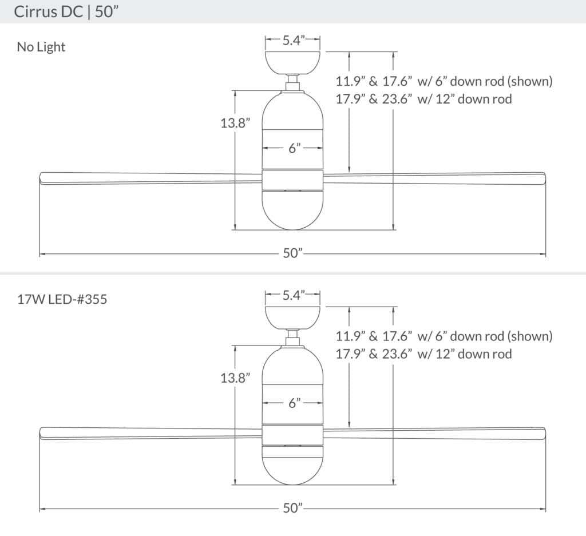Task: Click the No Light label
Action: [x=41, y=47]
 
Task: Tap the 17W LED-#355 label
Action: [x=62, y=299]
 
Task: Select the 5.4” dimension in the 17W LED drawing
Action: [x=292, y=295]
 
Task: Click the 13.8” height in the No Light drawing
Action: [x=235, y=122]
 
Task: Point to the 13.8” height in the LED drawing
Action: [x=235, y=378]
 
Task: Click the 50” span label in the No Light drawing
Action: [x=292, y=253]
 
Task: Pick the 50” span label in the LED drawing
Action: [x=292, y=508]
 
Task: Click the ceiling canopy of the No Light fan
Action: [x=292, y=62]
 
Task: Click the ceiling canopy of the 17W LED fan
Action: [x=292, y=317]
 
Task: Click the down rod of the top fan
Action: [x=293, y=80]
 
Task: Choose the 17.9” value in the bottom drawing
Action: [x=350, y=354]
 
